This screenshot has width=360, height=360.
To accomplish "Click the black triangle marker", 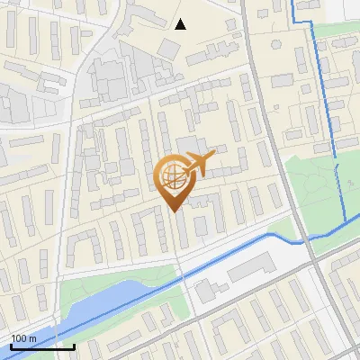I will tap(181, 23).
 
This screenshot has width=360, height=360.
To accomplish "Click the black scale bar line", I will tap(41, 346).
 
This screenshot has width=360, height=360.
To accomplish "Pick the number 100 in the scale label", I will tap(18, 338).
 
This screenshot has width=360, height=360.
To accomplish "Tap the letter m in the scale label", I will tap(32, 338).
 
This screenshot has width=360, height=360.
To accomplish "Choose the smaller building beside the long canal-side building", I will tap(206, 290).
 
